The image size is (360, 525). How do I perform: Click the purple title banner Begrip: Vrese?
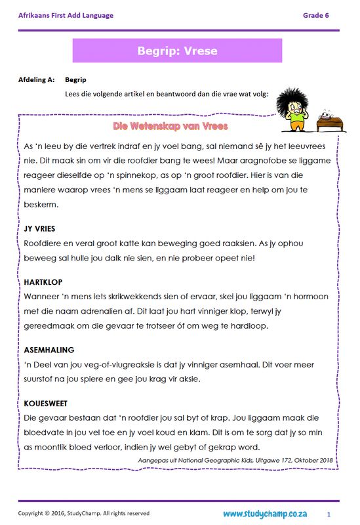177,51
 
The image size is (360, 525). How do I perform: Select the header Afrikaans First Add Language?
66,14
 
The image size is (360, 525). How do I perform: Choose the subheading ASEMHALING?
49,350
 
